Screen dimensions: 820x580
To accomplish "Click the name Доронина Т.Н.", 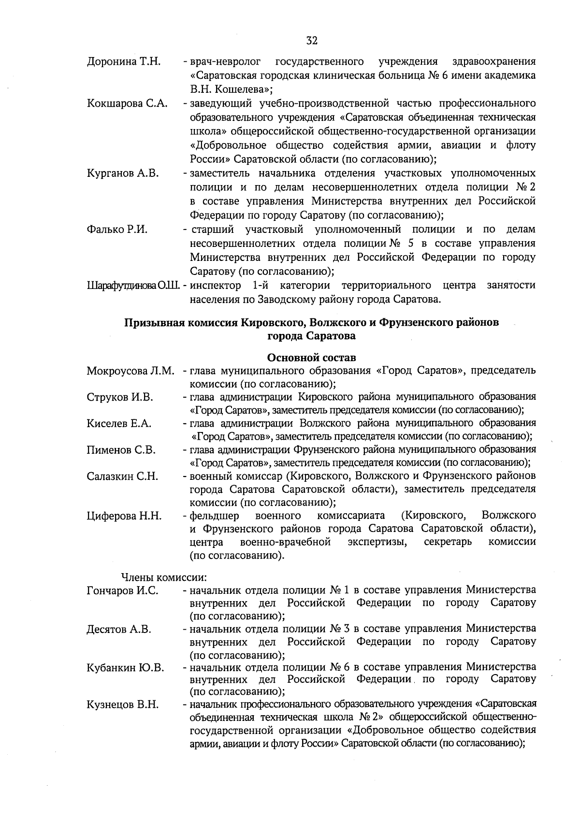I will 124,62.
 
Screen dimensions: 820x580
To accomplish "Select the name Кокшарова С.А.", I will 127,103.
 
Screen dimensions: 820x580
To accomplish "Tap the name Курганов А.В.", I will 123,173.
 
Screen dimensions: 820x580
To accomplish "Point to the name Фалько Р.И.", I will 117,230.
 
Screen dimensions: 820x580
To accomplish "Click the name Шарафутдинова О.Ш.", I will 133,286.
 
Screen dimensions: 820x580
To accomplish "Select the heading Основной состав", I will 311,358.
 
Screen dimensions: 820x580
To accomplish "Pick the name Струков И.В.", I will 120,397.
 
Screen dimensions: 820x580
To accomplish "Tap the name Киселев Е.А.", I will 119,424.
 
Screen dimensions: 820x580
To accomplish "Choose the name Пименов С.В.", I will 121,450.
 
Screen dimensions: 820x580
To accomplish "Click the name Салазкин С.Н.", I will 122,476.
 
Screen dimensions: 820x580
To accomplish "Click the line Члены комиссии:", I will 164,577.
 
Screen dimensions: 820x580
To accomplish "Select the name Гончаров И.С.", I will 122,590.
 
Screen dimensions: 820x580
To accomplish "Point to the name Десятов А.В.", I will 119,629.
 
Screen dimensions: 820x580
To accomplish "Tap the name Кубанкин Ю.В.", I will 125,668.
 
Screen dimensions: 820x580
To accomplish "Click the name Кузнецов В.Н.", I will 123,705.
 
